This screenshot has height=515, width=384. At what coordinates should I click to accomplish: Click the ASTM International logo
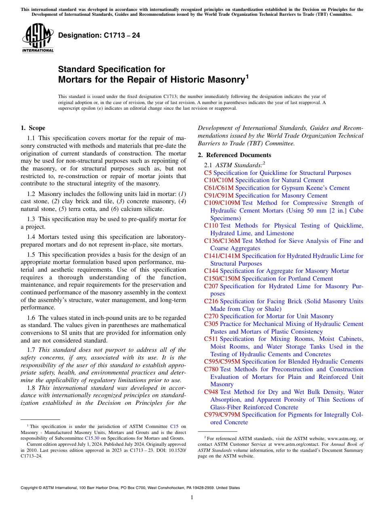click(x=38, y=38)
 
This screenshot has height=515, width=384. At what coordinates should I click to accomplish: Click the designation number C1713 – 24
click(x=99, y=36)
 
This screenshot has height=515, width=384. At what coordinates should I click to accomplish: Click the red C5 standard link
click(x=208, y=173)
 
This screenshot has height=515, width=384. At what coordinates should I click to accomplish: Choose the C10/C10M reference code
click(x=219, y=180)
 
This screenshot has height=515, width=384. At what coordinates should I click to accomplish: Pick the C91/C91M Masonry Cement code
click(x=219, y=196)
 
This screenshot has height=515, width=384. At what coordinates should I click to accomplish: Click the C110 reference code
click(x=211, y=226)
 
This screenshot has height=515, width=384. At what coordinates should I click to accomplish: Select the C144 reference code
click(x=211, y=271)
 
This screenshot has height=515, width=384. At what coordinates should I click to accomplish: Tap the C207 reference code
click(x=211, y=286)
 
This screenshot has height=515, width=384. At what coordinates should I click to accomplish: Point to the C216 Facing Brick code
click(x=211, y=301)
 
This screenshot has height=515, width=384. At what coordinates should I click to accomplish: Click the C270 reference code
click(x=211, y=316)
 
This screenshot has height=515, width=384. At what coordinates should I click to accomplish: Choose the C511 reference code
click(x=211, y=339)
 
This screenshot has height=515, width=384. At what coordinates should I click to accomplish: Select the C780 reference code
click(x=211, y=369)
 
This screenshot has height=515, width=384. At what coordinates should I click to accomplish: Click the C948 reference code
click(x=211, y=392)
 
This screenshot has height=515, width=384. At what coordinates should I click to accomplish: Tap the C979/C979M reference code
click(x=222, y=415)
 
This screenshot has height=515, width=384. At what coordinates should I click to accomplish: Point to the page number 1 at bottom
click(x=192, y=497)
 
